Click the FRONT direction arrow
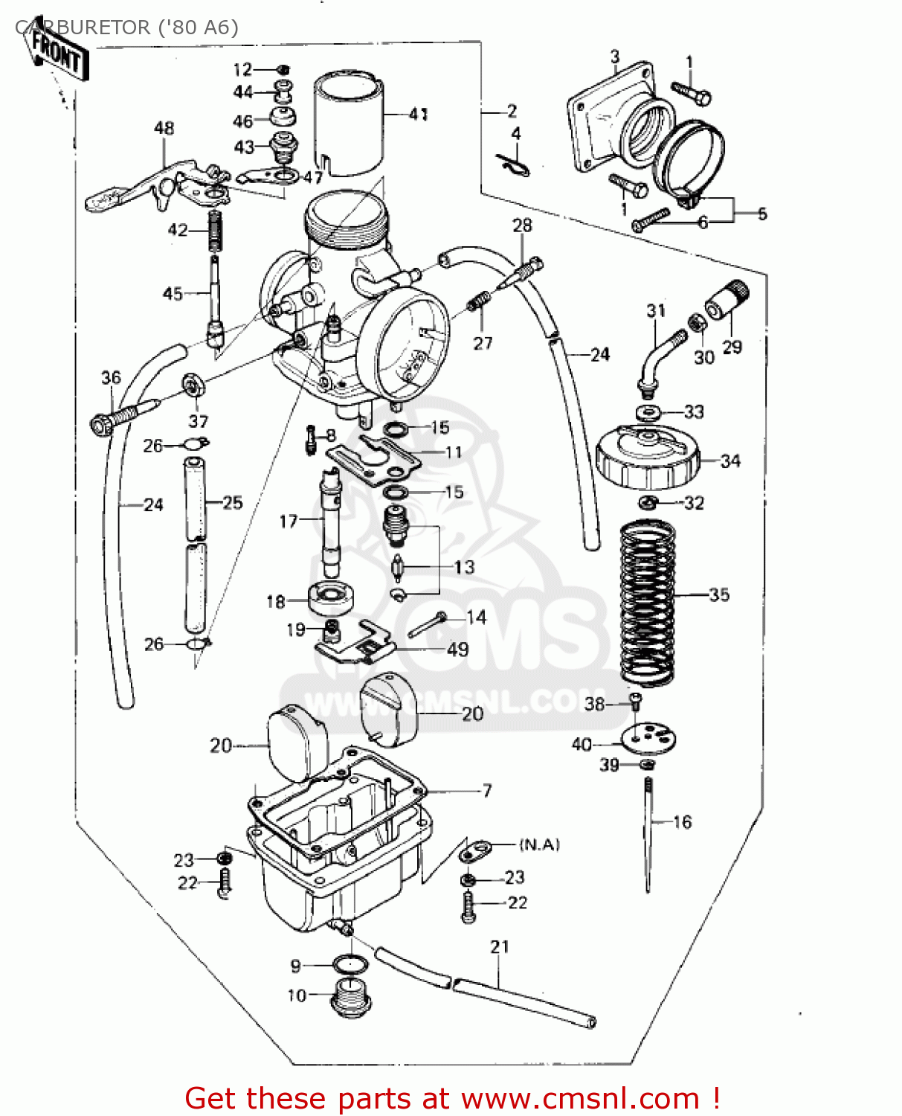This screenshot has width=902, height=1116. pos(57,54)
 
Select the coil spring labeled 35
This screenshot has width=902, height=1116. pos(648,603)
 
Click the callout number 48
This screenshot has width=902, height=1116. pos(164,128)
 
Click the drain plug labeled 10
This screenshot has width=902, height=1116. pos(350,997)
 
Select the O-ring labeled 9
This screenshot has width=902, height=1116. pos(350,965)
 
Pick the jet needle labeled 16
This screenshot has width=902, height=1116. pos(648,833)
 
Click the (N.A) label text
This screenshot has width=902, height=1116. pos(539,844)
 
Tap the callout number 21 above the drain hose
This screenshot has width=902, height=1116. pos(500,946)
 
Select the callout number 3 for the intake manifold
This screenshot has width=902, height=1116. pos(615,57)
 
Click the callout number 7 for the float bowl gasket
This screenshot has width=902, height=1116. pos(487,790)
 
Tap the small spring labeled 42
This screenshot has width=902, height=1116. pos(215,231)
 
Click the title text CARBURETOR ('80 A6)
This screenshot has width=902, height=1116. pos(126,28)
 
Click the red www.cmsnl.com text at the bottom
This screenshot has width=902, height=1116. pos(580,1099)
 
